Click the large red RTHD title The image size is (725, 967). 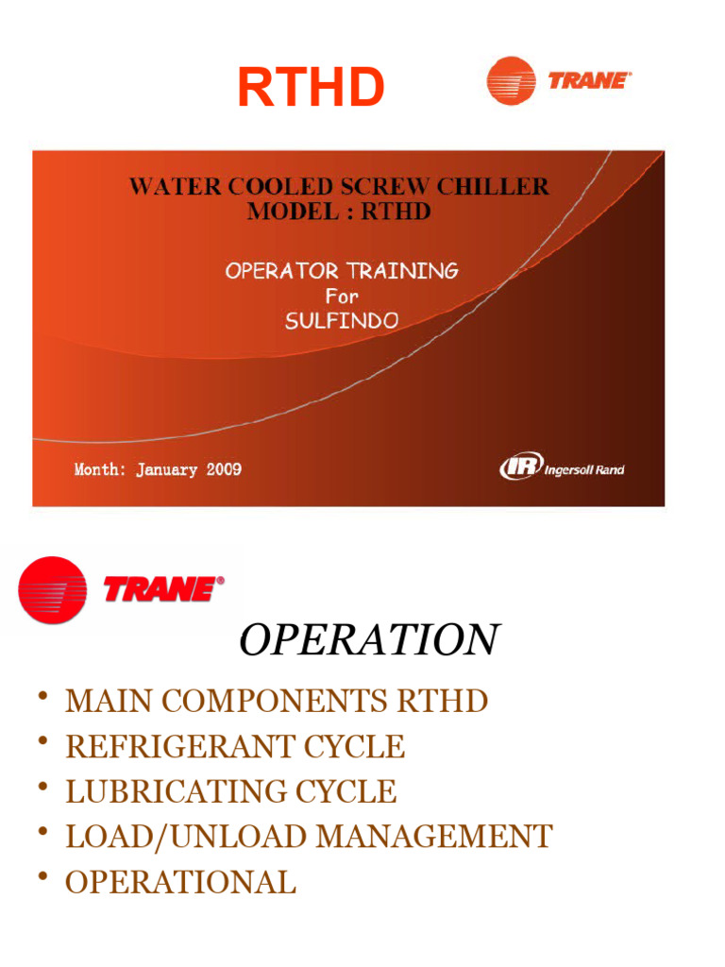pyautogui.click(x=311, y=88)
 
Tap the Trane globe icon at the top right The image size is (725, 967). pyautogui.click(x=511, y=80)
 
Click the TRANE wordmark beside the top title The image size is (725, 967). pyautogui.click(x=589, y=80)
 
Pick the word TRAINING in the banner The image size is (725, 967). pyautogui.click(x=402, y=271)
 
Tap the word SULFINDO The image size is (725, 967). pyautogui.click(x=341, y=320)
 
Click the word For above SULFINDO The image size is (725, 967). pyautogui.click(x=341, y=296)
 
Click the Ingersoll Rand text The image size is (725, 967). pyautogui.click(x=584, y=469)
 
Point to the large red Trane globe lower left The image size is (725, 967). pyautogui.click(x=52, y=589)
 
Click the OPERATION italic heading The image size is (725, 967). pyautogui.click(x=368, y=640)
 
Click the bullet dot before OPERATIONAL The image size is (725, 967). pyautogui.click(x=42, y=879)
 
